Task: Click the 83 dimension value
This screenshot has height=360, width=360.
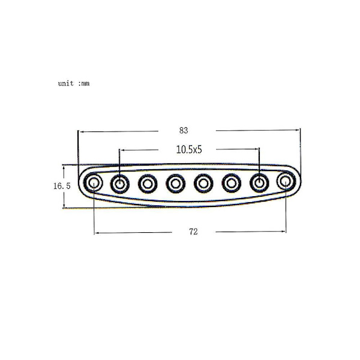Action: pyautogui.click(x=184, y=130)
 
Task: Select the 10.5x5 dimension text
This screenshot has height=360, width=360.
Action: pyautogui.click(x=189, y=149)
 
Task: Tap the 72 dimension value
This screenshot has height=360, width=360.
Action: pyautogui.click(x=193, y=232)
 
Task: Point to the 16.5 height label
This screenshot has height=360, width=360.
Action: pyautogui.click(x=62, y=186)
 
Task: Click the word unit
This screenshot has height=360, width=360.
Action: pyautogui.click(x=66, y=83)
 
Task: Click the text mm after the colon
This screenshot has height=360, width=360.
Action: pyautogui.click(x=85, y=84)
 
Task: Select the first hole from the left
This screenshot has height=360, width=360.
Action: pyautogui.click(x=93, y=183)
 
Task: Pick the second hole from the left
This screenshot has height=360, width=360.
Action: pyautogui.click(x=120, y=184)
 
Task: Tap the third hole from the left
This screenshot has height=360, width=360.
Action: pyautogui.click(x=148, y=184)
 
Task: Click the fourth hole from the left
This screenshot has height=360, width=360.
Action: pyautogui.click(x=176, y=184)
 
